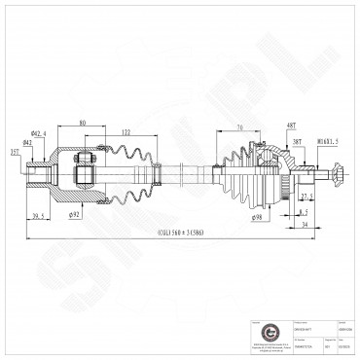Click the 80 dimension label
click(x=82, y=124)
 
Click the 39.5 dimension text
click(x=40, y=216)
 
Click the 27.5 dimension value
click(x=304, y=196)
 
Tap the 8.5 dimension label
click(x=304, y=210)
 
